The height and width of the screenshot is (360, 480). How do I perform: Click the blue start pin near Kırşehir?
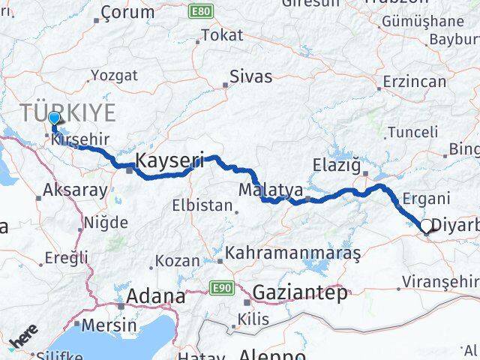54,118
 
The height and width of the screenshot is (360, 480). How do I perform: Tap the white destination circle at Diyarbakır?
427,226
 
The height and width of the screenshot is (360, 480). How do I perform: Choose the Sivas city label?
250,76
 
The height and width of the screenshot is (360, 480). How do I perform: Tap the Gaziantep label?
300,292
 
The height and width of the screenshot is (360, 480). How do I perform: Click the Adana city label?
156,296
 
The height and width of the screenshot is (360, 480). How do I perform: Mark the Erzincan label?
414,80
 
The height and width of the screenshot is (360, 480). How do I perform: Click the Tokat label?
223,35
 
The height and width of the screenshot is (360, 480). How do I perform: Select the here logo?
23,340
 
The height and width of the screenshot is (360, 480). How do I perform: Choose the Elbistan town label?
202,205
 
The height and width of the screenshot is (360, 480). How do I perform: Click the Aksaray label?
76,190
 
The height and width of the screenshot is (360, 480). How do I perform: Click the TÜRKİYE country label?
68,113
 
